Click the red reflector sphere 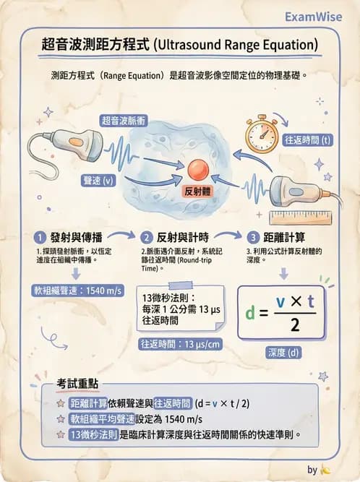198,171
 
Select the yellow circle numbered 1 40,237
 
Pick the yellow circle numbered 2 147,237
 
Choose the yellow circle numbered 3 253,237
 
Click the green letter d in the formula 250,313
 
